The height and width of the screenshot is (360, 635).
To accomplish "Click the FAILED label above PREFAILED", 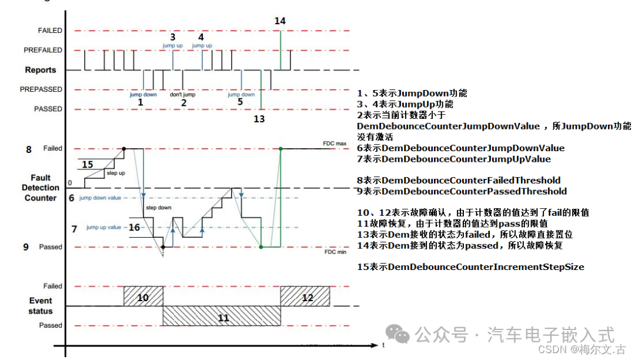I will (50, 30).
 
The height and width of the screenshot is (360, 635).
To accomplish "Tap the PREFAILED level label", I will (43, 50).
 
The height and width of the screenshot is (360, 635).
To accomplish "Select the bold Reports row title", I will (41, 70).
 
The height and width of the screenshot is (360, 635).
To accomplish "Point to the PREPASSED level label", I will (41, 89).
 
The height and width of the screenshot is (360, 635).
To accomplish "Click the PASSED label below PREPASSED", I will (48, 109).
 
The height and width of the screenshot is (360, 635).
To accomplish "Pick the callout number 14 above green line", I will (280, 21).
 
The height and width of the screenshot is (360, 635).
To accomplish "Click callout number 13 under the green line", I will (259, 119).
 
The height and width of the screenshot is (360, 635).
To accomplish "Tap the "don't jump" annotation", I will (182, 94).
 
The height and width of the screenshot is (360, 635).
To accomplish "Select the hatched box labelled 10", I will (143, 296).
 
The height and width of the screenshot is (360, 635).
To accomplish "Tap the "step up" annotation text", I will (115, 173).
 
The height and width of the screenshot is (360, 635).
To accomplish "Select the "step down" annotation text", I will (158, 208).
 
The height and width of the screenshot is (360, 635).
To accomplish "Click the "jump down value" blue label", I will (101, 198).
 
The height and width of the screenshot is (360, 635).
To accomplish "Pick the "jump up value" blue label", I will (103, 227).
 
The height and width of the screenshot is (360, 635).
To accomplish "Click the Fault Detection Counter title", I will (41, 188).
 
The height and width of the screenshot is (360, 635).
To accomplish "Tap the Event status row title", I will (41, 306).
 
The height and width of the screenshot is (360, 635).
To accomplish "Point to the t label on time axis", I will (383, 345).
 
